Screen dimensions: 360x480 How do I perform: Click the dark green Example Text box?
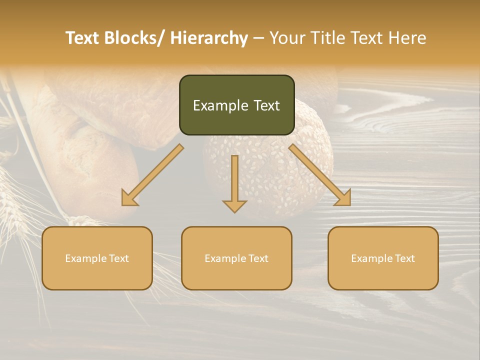tap(236, 105)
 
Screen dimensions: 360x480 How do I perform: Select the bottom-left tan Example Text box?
tap(97, 258)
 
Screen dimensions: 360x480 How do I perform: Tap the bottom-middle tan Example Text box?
tap(236, 258)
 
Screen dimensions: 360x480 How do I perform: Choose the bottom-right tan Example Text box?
tap(383, 258)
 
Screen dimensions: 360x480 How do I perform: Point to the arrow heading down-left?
tap(152, 175)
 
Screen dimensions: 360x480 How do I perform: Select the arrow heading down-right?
tap(320, 175)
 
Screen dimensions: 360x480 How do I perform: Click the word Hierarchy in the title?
tap(209, 38)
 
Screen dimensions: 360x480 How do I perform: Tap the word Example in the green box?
tap(220, 105)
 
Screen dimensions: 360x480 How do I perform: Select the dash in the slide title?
tap(258, 38)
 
